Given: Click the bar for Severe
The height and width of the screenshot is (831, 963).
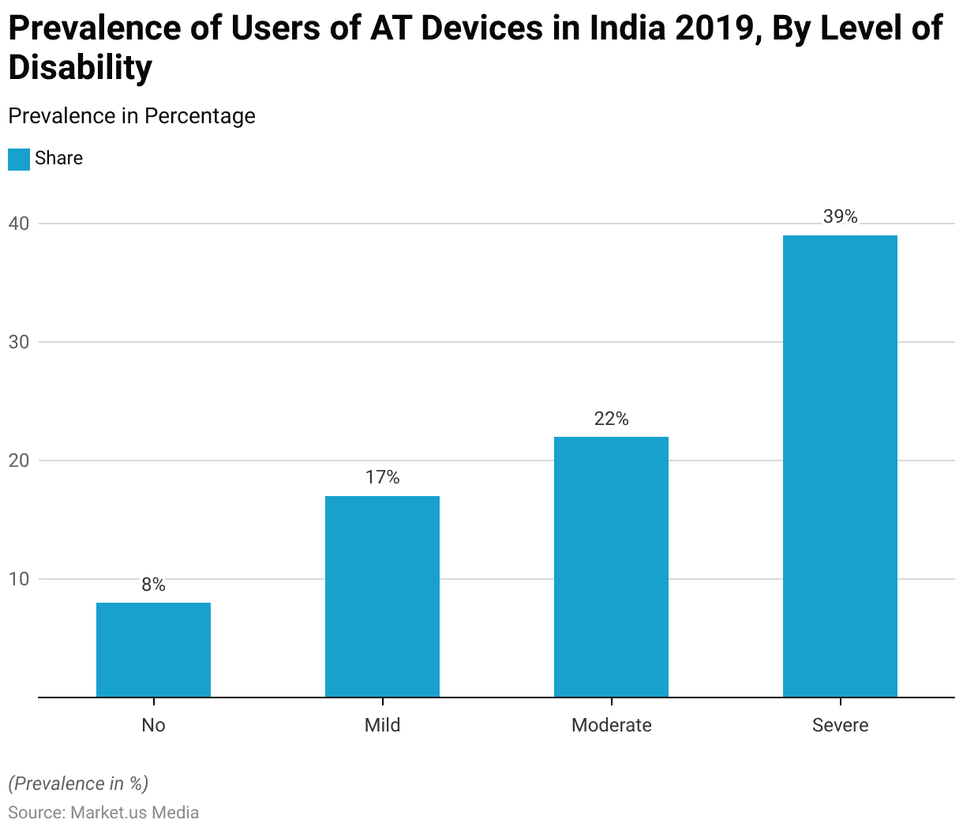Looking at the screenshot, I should coord(840,466).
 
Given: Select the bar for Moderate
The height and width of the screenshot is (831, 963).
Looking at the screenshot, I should coord(611,566).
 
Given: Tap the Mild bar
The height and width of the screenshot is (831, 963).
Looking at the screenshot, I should coord(382,596).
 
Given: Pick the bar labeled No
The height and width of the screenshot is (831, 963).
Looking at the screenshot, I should coord(153,649).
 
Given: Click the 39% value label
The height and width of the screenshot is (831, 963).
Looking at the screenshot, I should coord(840,216).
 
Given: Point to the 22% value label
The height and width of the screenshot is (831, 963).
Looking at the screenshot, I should coord(611,419).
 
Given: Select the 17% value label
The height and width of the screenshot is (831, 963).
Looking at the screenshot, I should coord(382,477).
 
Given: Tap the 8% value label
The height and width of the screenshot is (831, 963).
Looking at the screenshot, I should coord(153,585).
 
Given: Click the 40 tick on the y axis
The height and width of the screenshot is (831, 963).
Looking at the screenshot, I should coord(18,224).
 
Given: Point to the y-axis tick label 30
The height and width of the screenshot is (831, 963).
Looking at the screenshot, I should coord(18,342).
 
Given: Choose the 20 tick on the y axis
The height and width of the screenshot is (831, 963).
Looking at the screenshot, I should coord(18,461).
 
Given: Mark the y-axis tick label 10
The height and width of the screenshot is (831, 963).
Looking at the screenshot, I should coord(18,579).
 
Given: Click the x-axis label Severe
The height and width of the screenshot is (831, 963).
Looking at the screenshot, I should coord(840,725).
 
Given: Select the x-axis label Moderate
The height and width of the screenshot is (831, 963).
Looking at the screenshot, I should coord(611,725).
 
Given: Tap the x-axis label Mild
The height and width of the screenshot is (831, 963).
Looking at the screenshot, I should coord(382,725).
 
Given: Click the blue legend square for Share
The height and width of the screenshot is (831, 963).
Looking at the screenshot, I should coord(19,159).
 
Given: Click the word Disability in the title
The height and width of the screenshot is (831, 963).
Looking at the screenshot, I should coord(80,68).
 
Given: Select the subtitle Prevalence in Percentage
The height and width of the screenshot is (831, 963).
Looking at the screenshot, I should coord(132,116).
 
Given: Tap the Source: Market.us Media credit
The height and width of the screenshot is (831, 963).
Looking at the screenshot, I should coord(103,812).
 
